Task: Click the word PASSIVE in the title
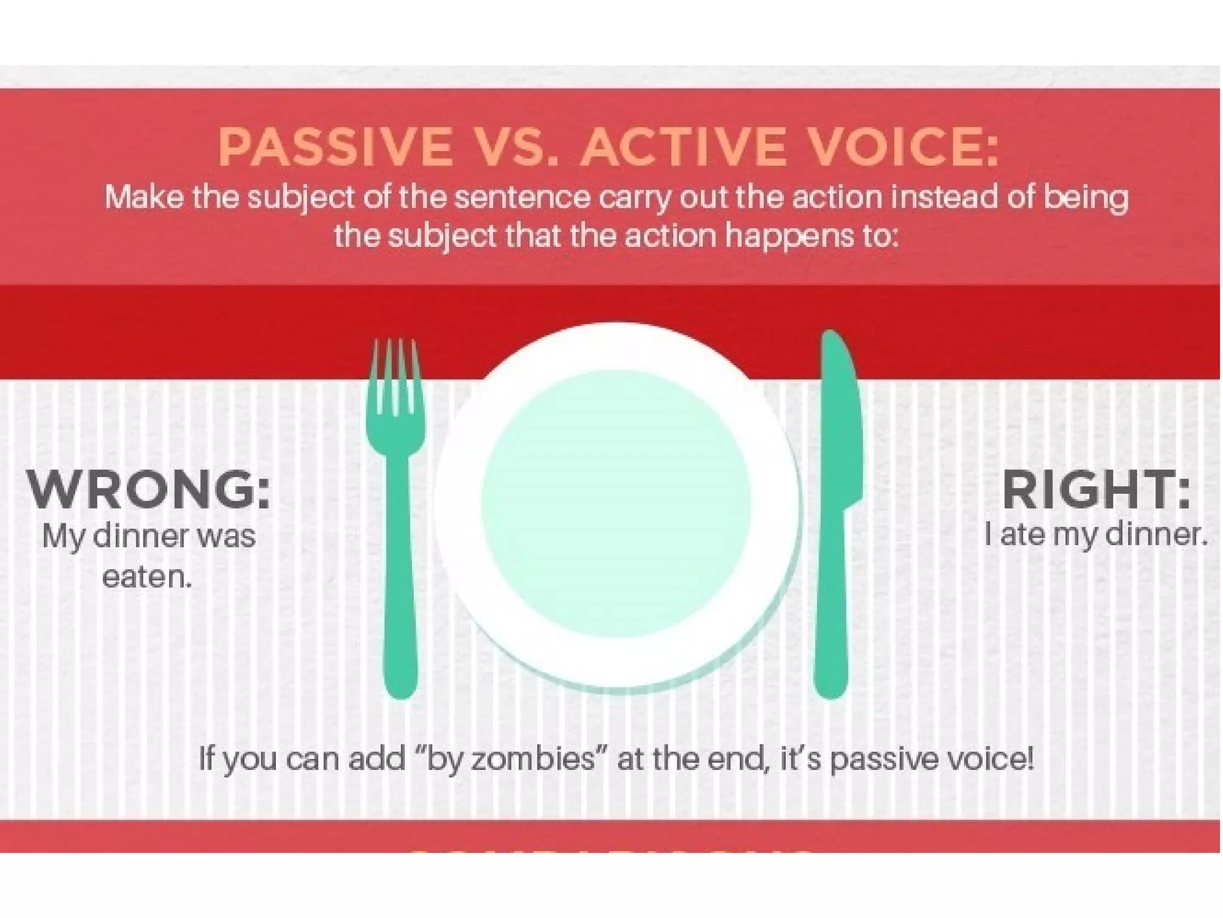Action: (x=335, y=146)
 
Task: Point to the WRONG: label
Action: (x=149, y=490)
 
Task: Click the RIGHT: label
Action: (x=1096, y=490)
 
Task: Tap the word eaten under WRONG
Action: (x=147, y=577)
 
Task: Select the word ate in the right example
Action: (x=1022, y=534)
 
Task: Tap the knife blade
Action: (x=839, y=418)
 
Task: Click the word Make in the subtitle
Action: (x=144, y=197)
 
